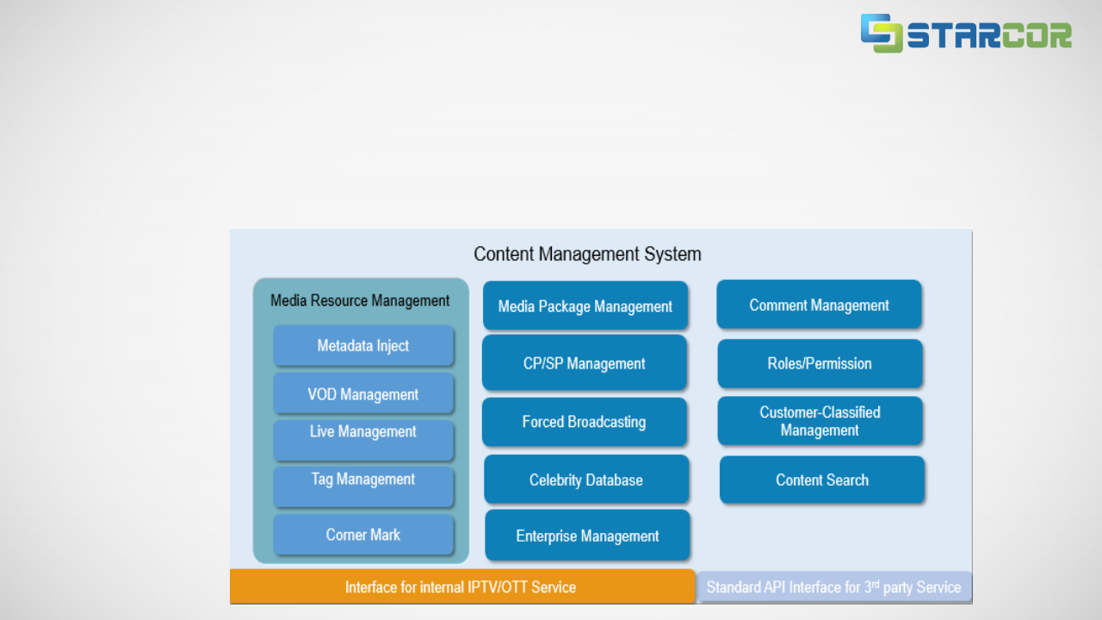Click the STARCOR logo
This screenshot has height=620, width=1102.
(966, 34)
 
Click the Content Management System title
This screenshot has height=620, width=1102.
(587, 254)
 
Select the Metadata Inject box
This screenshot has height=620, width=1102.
(363, 346)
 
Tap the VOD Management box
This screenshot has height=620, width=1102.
(363, 394)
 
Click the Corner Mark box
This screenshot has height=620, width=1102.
(363, 535)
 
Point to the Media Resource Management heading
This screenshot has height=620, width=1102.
(360, 301)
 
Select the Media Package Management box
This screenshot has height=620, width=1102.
(585, 307)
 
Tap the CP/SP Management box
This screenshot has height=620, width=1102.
(585, 363)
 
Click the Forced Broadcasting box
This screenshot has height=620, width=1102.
(585, 422)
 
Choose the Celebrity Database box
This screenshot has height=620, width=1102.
(586, 480)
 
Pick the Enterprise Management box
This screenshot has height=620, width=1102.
(588, 536)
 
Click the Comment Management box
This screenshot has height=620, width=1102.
(819, 305)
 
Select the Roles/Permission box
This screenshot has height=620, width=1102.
(820, 363)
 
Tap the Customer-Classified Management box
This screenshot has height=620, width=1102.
(820, 421)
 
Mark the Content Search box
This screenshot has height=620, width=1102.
(822, 480)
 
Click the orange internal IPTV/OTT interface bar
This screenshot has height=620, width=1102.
(461, 587)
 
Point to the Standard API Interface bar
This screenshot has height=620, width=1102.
(833, 587)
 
